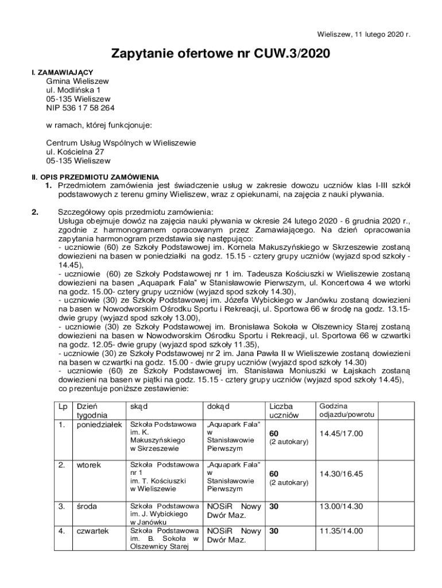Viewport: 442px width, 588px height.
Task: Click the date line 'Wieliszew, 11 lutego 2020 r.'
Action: (x=365, y=34)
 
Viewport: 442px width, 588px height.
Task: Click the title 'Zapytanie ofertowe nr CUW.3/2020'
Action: (x=221, y=55)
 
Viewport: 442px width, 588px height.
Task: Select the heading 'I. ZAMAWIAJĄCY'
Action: (x=62, y=72)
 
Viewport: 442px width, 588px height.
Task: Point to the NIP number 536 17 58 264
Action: (x=80, y=107)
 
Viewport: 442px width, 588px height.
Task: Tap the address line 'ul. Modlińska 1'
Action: (x=73, y=90)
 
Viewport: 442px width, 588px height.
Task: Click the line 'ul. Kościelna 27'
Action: (x=75, y=152)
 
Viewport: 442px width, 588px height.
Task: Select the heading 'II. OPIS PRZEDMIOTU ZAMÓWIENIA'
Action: (x=95, y=177)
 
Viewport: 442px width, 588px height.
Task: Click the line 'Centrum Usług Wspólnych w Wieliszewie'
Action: (x=121, y=143)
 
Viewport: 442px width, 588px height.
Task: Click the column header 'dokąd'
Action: (x=218, y=407)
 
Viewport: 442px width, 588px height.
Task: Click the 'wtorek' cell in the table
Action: (x=88, y=465)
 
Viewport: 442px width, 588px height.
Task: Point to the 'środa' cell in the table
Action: (x=87, y=506)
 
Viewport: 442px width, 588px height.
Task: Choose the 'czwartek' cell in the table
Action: (x=92, y=531)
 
